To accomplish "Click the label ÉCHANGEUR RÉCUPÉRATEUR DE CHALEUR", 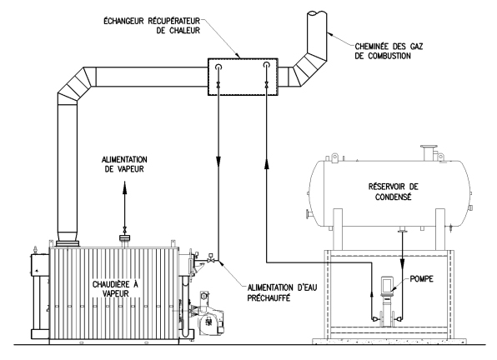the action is click(x=152, y=26).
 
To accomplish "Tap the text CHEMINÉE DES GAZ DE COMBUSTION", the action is click(x=389, y=52).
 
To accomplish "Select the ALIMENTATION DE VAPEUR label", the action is click(x=124, y=164).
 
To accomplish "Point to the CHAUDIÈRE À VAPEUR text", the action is click(x=115, y=289).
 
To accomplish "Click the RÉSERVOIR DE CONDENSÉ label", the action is click(x=393, y=192).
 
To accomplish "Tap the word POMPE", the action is click(x=421, y=279).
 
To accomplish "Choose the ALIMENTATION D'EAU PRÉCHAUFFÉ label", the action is click(x=282, y=292).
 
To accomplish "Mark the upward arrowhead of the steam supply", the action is click(x=124, y=186).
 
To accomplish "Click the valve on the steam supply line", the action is click(x=124, y=229).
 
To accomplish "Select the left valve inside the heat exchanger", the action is click(x=218, y=85).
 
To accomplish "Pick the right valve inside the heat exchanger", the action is click(x=266, y=85).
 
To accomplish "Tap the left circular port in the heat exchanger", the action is click(x=218, y=66).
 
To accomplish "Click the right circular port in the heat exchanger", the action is click(x=267, y=66).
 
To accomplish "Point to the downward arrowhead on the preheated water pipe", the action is click(x=218, y=161).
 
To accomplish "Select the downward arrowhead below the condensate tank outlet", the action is click(x=402, y=264).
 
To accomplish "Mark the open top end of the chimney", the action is click(x=317, y=14).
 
